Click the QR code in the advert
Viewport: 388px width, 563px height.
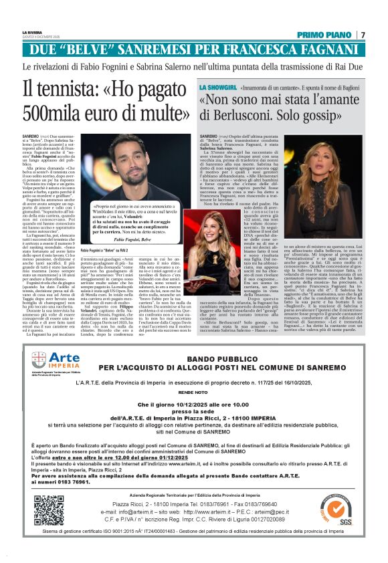[x=50, y=510]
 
